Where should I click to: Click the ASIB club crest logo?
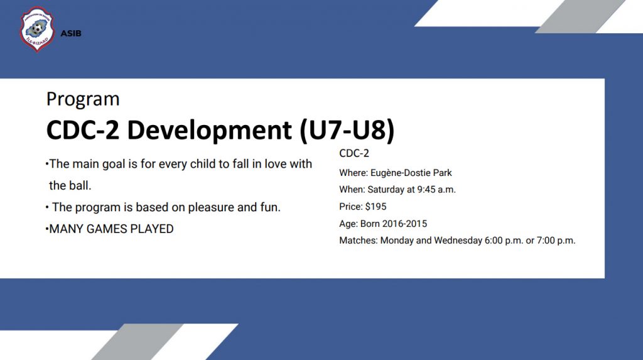click(x=37, y=29)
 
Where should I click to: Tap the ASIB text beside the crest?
click(x=71, y=34)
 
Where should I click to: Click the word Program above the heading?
click(x=83, y=99)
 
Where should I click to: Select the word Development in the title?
click(x=209, y=130)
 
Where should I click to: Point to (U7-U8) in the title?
click(x=347, y=130)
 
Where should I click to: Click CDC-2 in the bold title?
click(x=83, y=129)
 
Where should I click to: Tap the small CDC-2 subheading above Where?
click(x=354, y=153)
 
